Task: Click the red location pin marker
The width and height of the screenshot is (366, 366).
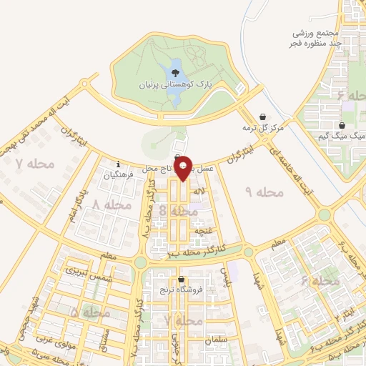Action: [184, 168]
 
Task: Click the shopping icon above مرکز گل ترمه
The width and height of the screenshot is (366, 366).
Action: [263, 117]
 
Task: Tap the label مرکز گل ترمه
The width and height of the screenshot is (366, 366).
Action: [262, 127]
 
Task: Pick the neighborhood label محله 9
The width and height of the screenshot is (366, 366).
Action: [264, 192]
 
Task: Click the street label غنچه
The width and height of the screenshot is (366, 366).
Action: [205, 231]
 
